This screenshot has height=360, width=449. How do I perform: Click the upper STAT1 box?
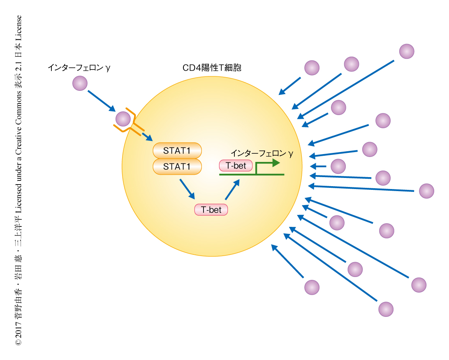[177, 150]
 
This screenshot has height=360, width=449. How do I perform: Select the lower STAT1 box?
[177, 166]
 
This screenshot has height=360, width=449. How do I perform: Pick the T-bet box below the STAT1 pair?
[211, 210]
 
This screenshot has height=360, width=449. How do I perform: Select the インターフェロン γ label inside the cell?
[262, 153]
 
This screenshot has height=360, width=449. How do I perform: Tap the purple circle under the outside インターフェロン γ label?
[80, 84]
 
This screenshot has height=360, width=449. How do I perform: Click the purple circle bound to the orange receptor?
[123, 119]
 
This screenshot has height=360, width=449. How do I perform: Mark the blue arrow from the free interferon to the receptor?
[102, 101]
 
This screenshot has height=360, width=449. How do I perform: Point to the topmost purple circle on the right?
[407, 51]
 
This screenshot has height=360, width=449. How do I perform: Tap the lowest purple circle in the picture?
[386, 309]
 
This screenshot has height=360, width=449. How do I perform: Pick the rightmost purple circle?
[426, 191]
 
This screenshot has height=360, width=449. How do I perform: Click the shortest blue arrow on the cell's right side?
[319, 166]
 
